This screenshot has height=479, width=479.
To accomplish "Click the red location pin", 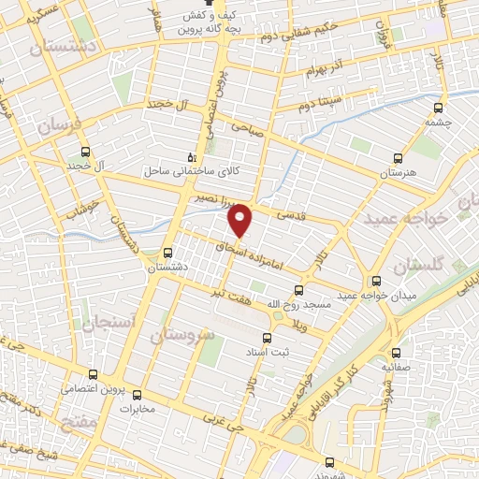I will (x=241, y=219).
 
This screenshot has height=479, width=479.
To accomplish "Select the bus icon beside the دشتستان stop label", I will (x=167, y=252).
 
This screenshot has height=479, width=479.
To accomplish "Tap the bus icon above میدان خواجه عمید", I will (x=376, y=281).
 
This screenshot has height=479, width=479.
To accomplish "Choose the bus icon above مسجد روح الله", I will (x=298, y=290).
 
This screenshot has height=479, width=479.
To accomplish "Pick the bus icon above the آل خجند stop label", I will (x=86, y=152).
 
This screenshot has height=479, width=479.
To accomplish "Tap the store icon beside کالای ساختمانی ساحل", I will (x=192, y=157).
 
